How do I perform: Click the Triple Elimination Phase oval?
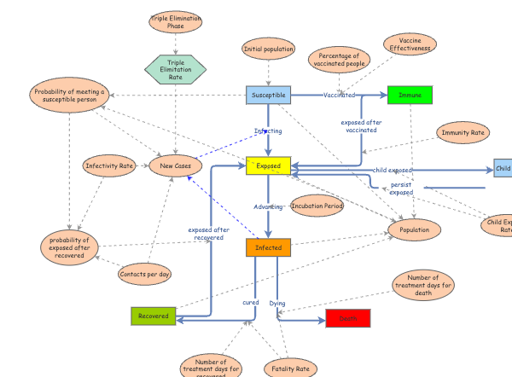pos(175,21)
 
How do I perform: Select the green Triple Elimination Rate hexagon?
pos(176,68)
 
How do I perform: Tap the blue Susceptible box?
pos(269,95)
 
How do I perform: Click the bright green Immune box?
pos(410,95)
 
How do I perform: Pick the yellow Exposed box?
pos(269,165)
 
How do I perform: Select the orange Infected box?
pos(269,247)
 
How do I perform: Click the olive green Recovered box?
pos(154,316)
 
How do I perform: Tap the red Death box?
pos(348,318)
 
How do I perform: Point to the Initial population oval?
pos(269,49)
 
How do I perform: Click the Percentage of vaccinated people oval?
pos(339,59)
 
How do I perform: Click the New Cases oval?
pos(176,165)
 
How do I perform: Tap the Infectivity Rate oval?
pos(109,165)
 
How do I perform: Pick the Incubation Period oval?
pos(317,206)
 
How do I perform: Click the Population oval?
pos(415,229)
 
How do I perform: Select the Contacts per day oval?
pos(145,274)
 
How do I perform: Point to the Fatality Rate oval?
pos(290,368)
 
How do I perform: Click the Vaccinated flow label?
pos(339,95)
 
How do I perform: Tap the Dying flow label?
pos(277,303)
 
